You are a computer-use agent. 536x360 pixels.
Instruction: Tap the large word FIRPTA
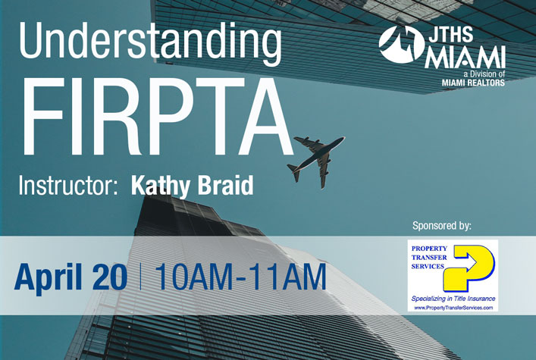[x=157, y=117]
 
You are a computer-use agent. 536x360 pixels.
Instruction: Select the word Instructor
[x=66, y=185]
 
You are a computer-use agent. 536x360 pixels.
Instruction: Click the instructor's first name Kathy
[x=159, y=186]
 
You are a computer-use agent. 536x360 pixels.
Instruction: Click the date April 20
[x=71, y=277]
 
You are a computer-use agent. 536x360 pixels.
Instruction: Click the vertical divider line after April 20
[x=140, y=276]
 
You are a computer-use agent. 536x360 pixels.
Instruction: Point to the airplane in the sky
[x=316, y=160]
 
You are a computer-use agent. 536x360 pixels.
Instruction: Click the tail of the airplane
[x=293, y=172]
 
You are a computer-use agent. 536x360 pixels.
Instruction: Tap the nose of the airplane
[x=343, y=139]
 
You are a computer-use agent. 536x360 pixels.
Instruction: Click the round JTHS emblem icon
[x=401, y=44]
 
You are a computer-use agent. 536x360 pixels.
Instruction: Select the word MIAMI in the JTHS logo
[x=465, y=58]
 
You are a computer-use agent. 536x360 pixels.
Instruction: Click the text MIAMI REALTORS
[x=473, y=83]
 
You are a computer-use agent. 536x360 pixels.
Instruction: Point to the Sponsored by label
[x=442, y=226]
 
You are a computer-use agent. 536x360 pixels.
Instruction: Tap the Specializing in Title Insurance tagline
[x=453, y=299]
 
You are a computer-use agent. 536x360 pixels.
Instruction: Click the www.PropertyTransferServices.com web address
[x=453, y=308]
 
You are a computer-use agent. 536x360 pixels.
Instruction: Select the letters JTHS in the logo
[x=451, y=34]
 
